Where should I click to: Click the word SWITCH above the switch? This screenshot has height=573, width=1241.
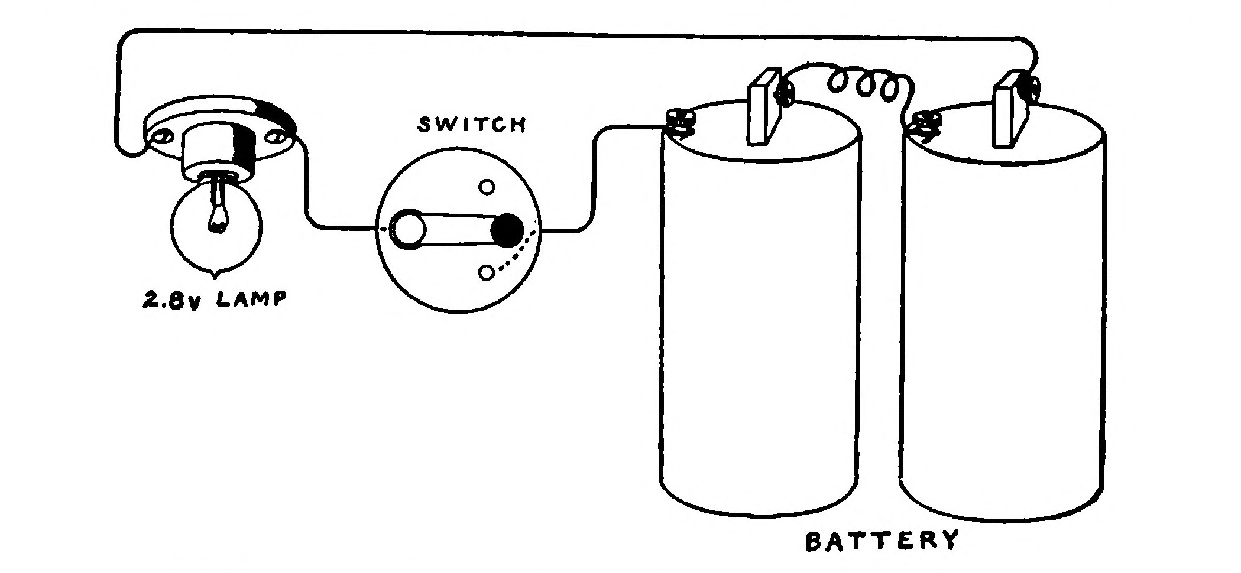[471, 125]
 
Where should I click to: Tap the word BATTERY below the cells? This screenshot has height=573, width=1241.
[880, 541]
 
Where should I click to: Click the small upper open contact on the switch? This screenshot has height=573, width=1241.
[487, 187]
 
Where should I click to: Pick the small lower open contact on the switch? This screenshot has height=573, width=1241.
[487, 273]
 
